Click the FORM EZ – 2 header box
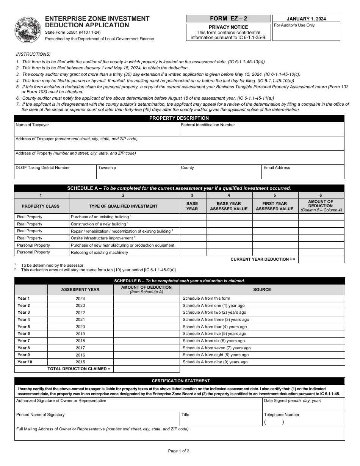(x=228, y=19)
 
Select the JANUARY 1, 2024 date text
(x=306, y=19)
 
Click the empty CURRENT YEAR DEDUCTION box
(x=321, y=260)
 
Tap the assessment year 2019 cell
(x=80, y=334)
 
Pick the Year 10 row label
(x=25, y=362)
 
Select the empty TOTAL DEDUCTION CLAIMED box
(x=146, y=369)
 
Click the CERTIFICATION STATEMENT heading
(x=181, y=381)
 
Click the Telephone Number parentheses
(x=274, y=422)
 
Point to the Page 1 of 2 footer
(x=178, y=451)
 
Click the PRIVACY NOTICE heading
(x=228, y=27)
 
